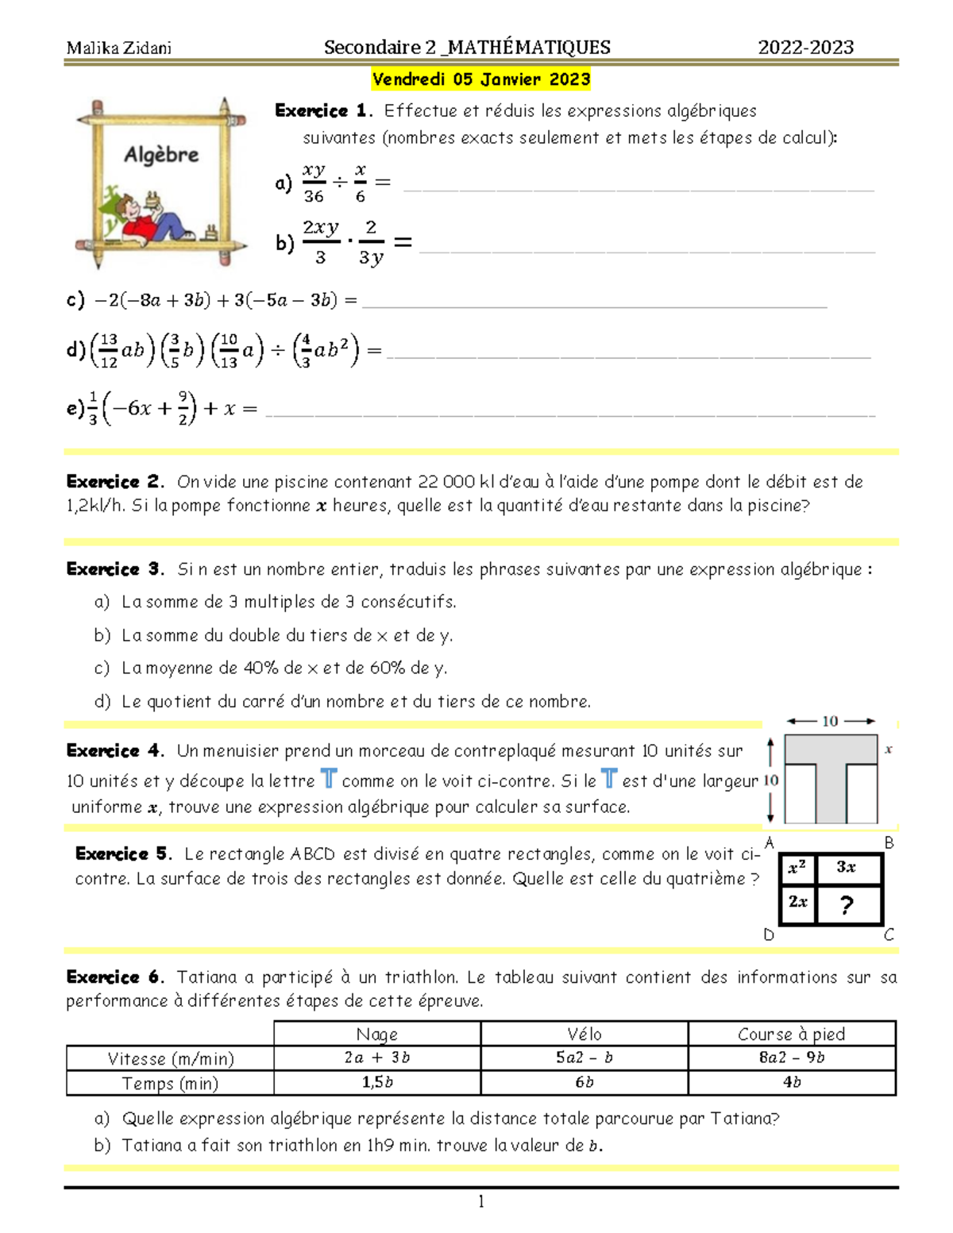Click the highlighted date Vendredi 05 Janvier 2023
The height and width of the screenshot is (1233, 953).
tap(481, 79)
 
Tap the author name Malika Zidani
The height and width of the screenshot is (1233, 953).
tap(119, 48)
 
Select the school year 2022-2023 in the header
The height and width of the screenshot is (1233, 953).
tap(805, 48)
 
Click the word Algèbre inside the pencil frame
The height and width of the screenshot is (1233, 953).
tap(161, 155)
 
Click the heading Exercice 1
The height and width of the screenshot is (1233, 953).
tap(322, 111)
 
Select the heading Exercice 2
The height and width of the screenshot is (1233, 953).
tap(114, 482)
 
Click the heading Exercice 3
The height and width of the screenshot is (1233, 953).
tap(114, 569)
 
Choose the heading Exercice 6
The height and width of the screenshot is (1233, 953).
tap(114, 977)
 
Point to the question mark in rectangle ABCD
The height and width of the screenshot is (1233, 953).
tap(847, 904)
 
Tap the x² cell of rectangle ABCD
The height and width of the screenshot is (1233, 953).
tap(797, 868)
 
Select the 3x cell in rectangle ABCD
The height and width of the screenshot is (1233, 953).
tap(847, 868)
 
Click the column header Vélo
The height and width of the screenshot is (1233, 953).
tap(585, 1034)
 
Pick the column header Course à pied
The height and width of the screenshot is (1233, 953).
tap(791, 1034)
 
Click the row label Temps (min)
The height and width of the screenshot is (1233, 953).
tap(170, 1084)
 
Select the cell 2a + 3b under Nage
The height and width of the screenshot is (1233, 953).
tap(377, 1058)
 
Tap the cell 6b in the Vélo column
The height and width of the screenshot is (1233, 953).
tap(585, 1083)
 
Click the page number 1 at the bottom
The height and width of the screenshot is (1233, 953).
tap(481, 1201)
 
